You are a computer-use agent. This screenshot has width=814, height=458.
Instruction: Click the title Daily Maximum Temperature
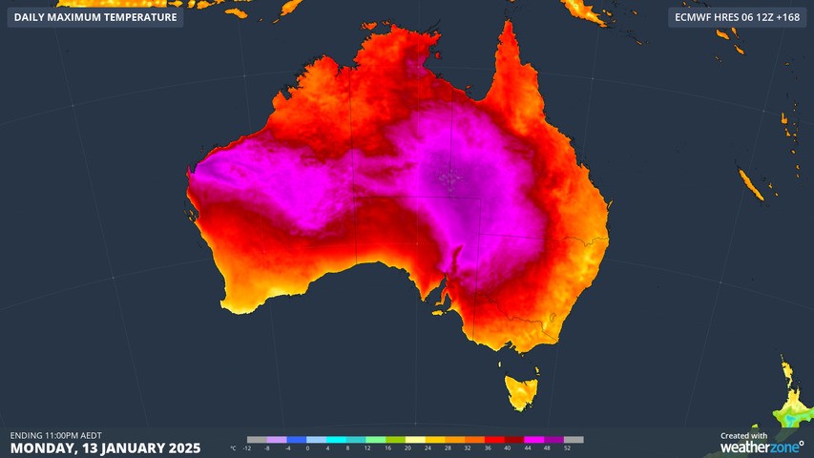click(95, 17)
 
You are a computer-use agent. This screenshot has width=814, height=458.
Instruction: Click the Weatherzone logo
click(762, 446)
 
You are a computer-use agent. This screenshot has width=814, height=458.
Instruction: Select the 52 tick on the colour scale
click(567, 448)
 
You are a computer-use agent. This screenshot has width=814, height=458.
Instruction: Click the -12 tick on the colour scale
click(247, 448)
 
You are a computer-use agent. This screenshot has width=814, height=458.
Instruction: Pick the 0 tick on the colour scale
click(307, 448)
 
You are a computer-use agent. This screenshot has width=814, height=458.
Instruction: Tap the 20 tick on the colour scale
click(407, 448)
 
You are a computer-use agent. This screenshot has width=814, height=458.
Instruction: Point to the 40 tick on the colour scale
click(507, 448)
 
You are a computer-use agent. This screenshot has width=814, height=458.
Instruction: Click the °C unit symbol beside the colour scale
click(234, 448)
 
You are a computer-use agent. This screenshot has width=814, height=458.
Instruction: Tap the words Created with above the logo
click(744, 435)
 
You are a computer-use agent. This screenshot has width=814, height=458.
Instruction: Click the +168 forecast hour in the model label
click(788, 17)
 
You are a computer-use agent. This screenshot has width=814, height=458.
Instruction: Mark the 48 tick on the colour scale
click(547, 448)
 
